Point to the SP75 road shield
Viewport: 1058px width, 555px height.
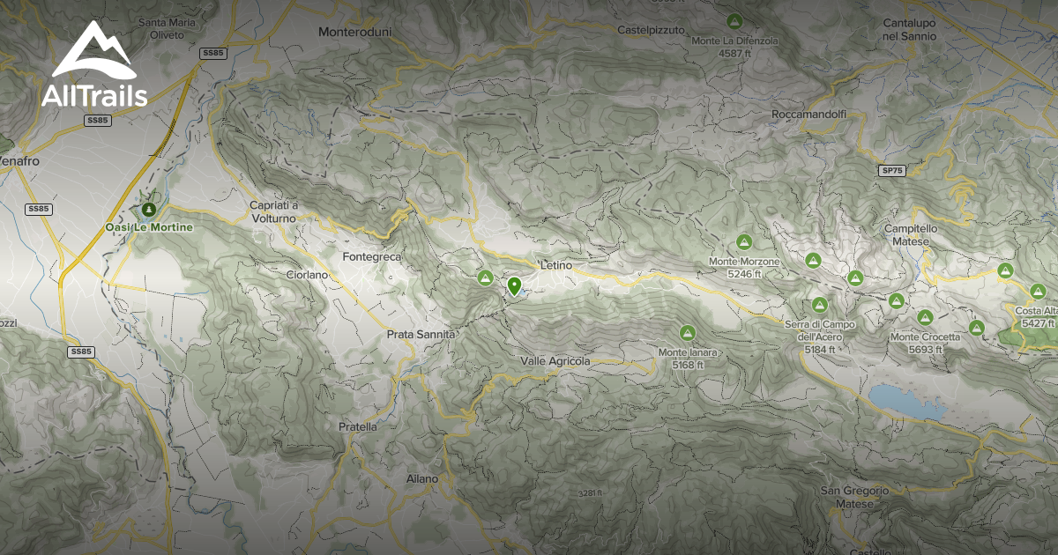[x=892, y=170]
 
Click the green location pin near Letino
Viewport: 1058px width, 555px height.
[x=514, y=286]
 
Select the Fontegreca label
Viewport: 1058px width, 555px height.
[x=371, y=257]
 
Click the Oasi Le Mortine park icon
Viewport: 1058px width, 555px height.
[x=148, y=210]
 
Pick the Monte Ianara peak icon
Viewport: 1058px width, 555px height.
[x=687, y=333]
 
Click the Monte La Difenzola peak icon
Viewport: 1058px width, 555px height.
[x=734, y=20]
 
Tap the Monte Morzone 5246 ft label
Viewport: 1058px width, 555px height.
[x=744, y=268]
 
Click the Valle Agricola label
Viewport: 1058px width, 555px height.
[x=555, y=361]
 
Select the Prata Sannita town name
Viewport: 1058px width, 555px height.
[x=421, y=335]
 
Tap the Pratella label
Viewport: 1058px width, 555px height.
[x=358, y=426]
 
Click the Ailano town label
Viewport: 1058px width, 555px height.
[x=422, y=478]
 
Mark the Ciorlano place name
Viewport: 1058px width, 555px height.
[x=307, y=275]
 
